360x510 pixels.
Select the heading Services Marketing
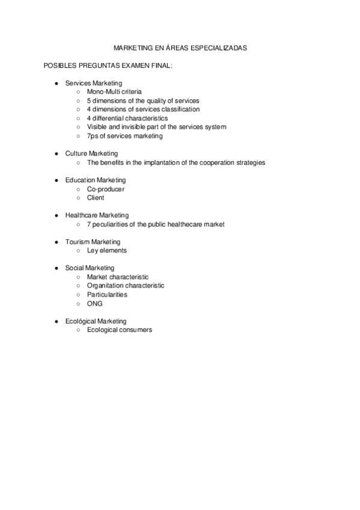(93, 83)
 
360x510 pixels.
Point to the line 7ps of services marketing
(124, 136)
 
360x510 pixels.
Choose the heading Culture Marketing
(91, 154)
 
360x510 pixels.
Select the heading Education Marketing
(96, 180)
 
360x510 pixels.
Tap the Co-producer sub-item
(106, 189)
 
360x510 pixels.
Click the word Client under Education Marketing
(96, 198)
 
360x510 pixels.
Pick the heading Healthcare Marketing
(97, 215)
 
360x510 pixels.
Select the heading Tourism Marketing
(93, 242)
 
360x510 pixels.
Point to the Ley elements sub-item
(106, 251)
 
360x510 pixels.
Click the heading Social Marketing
(90, 268)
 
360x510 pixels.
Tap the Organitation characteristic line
(126, 286)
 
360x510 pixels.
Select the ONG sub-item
(95, 304)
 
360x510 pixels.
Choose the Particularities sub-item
(107, 295)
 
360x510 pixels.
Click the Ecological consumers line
(120, 330)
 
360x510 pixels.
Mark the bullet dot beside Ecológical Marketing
(56, 321)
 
